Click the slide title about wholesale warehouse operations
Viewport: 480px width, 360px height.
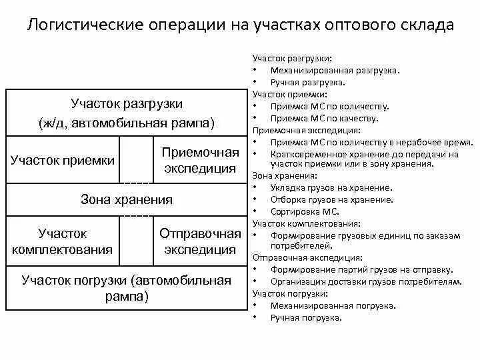[x=240, y=26]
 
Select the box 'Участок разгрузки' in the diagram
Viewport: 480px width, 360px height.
[x=126, y=113]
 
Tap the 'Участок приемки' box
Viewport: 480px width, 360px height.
[x=63, y=160]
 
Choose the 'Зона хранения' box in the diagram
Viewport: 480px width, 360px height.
[x=126, y=199]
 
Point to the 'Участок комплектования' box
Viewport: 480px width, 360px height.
[x=63, y=241]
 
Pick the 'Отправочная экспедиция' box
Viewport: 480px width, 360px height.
[x=200, y=241]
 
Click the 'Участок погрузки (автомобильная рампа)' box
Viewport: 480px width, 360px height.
[x=126, y=288]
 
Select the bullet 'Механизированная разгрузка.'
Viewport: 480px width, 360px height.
[x=335, y=71]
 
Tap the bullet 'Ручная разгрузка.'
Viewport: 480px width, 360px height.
[x=308, y=83]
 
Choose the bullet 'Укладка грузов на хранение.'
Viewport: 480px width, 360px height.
[x=331, y=188]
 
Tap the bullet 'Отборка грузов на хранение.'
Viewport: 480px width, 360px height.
[x=331, y=199]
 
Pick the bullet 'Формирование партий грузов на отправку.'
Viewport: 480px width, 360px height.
[x=361, y=269]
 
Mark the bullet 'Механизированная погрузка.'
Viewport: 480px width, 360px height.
[x=333, y=306]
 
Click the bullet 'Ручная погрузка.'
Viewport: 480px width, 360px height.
[x=306, y=318]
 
